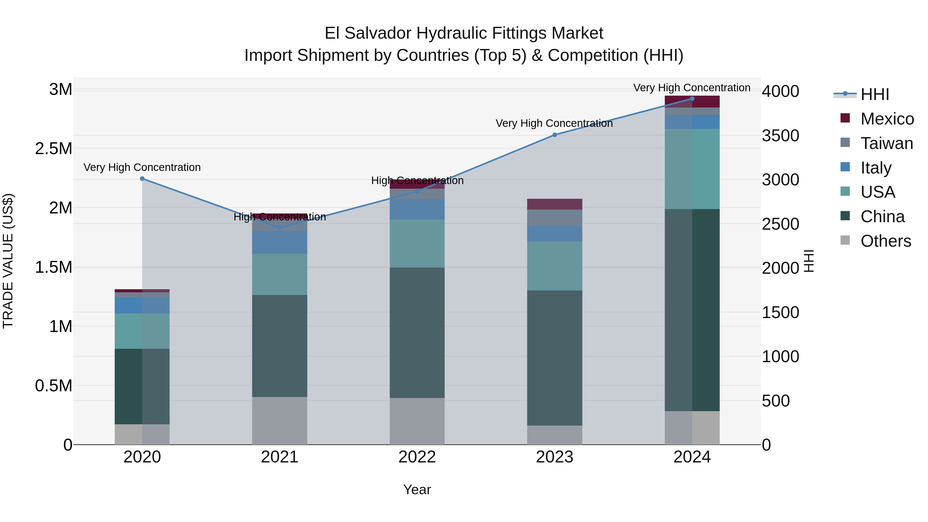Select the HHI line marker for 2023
click(x=554, y=135)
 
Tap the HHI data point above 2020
click(x=142, y=179)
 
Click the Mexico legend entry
click(x=886, y=119)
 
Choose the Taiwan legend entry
click(x=886, y=143)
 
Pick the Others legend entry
click(x=885, y=241)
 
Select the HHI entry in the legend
click(x=875, y=94)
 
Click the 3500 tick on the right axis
click(x=780, y=136)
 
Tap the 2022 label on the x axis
click(x=417, y=457)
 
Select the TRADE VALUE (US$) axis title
click(x=8, y=261)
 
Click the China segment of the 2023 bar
click(x=554, y=358)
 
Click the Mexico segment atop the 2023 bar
click(x=554, y=204)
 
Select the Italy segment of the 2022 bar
click(x=417, y=210)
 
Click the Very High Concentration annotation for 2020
click(x=142, y=168)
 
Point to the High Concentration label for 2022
click(x=417, y=180)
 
